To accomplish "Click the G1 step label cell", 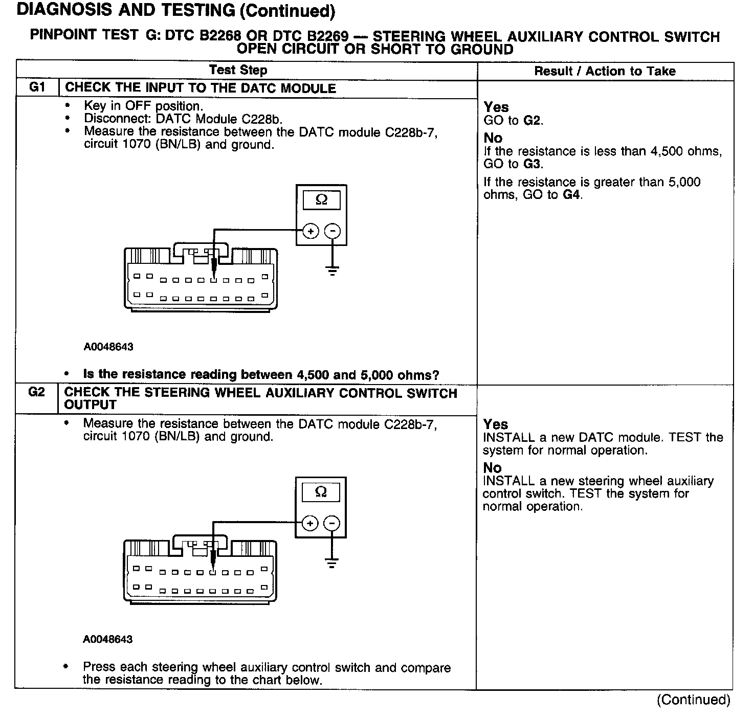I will [37, 87].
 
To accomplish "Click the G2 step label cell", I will [36, 393].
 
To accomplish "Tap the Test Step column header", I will [238, 71].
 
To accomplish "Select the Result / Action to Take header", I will [605, 71].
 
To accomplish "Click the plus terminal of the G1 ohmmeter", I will [311, 232].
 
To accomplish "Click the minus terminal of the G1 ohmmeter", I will [333, 232].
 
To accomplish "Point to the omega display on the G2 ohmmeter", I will [321, 492].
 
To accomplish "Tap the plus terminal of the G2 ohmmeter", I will [309, 523].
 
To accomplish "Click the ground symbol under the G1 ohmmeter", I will [333, 270].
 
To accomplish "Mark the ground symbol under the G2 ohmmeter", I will [332, 563].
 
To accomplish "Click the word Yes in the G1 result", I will [496, 107].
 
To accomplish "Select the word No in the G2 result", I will [493, 467].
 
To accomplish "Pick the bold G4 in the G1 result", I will [571, 195].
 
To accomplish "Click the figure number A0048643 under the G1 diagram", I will [108, 347].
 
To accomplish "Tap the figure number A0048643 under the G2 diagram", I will [107, 639].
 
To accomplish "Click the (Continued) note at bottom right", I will [693, 700].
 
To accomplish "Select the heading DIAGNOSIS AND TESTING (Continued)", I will [176, 11].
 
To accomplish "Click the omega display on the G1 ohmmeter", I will [321, 200].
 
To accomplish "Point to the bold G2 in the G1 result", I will [532, 121].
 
